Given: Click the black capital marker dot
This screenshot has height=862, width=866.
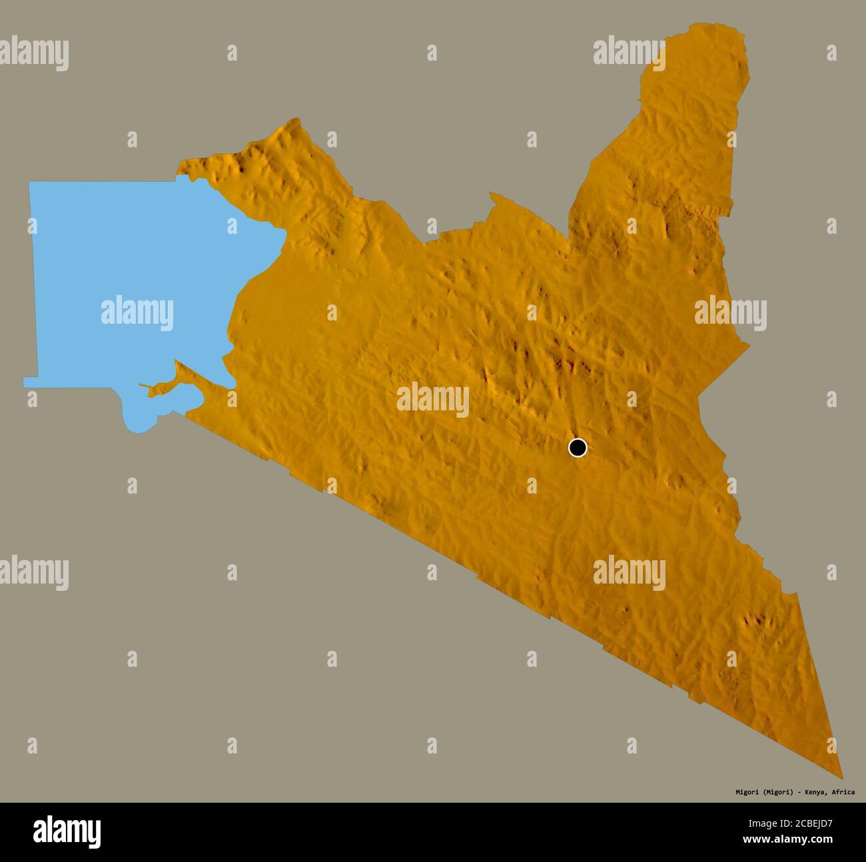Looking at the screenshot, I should [x=578, y=448].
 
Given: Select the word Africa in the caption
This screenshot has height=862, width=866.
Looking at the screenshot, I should [x=843, y=792].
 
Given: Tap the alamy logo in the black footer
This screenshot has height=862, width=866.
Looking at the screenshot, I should [x=67, y=831].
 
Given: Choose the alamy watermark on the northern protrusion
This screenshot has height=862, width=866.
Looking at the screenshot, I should [x=629, y=53].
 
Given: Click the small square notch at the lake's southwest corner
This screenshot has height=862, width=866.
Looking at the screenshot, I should [x=31, y=382].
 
